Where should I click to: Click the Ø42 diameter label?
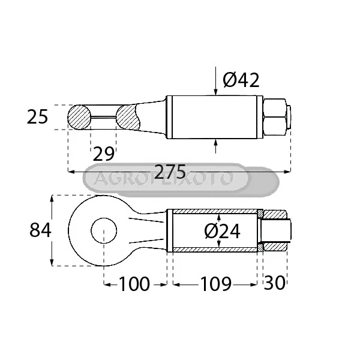click(241, 80)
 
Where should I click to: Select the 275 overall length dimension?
click(170, 171)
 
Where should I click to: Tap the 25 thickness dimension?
click(37, 117)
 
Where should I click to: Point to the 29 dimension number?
click(104, 154)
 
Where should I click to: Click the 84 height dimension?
click(40, 230)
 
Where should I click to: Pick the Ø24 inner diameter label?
click(222, 232)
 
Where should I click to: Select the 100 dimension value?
click(134, 284)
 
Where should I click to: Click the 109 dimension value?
click(216, 284)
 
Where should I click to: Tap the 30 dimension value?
click(275, 283)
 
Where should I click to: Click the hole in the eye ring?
click(104, 230)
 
